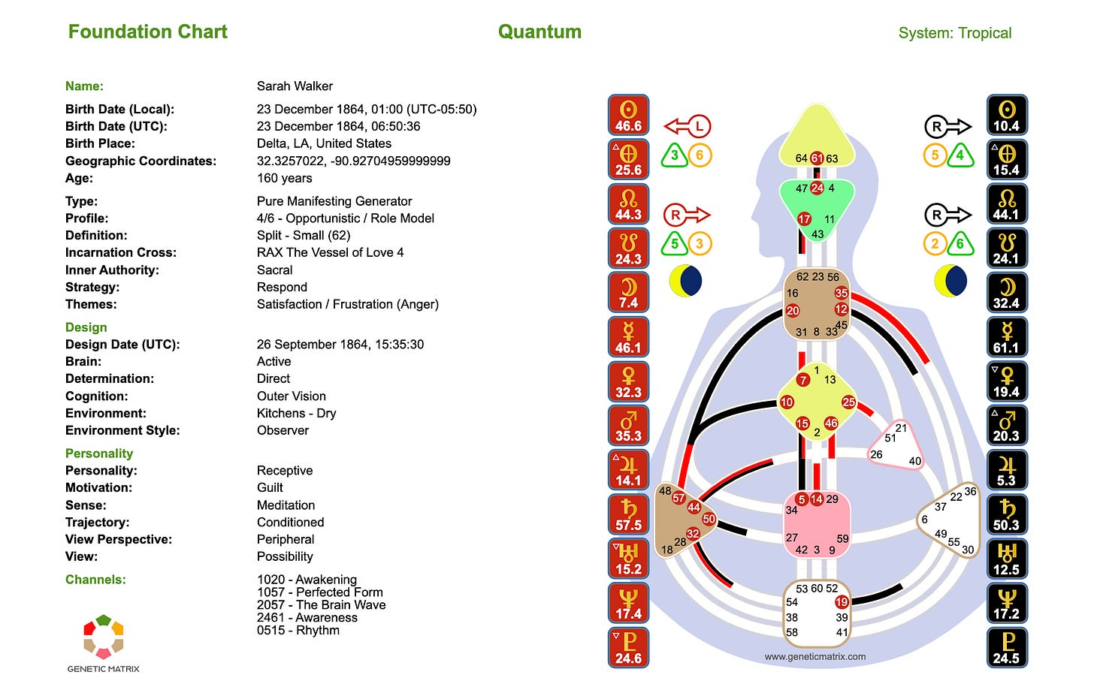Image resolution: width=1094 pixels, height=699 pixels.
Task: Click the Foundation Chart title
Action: (147, 32)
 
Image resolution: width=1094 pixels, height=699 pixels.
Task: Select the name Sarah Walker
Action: (295, 86)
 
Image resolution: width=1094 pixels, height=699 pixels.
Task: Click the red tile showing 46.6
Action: (628, 116)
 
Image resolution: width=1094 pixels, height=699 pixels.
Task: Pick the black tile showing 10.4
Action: (1006, 116)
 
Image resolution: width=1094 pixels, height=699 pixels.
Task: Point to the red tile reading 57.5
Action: (628, 514)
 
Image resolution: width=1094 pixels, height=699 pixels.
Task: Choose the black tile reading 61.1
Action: (1006, 337)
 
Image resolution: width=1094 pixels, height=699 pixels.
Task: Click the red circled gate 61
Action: (817, 158)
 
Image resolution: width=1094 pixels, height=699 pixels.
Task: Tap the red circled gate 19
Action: (842, 601)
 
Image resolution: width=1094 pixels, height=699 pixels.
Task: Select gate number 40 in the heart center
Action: (914, 461)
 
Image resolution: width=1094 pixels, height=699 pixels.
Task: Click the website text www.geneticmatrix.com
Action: (815, 656)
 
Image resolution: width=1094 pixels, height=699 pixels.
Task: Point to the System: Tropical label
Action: (954, 33)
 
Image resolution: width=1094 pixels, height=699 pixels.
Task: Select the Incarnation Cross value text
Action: (330, 252)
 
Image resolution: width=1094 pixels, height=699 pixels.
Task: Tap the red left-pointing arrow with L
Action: (687, 126)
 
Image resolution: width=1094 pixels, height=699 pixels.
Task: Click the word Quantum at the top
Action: (539, 32)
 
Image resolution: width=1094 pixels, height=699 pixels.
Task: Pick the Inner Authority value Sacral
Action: (274, 270)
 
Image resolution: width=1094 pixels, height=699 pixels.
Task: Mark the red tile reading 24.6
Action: (628, 648)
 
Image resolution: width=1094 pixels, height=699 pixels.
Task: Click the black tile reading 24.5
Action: (1006, 648)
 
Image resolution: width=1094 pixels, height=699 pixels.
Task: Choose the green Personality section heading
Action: (99, 453)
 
